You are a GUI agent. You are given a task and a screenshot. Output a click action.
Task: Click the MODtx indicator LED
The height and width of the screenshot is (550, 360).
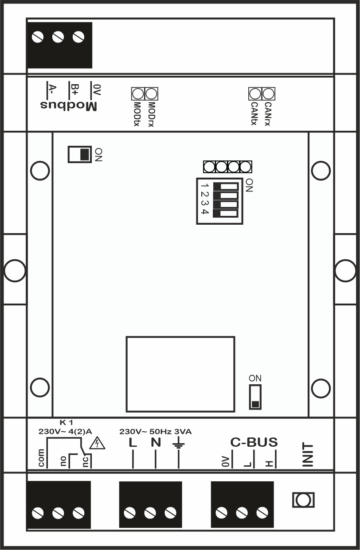[138, 94]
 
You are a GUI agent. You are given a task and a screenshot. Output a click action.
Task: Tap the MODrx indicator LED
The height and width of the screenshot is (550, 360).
[152, 94]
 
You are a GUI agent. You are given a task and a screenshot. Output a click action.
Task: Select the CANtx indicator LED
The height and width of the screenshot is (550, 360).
[255, 94]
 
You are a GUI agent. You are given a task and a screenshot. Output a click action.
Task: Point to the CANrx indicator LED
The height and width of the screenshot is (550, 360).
[268, 94]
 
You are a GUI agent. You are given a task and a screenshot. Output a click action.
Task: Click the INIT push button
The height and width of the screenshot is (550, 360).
[304, 500]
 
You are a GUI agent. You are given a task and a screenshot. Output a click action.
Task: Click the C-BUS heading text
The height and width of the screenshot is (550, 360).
[254, 442]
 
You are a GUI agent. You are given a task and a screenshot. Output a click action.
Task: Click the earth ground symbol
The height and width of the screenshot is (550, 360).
[178, 443]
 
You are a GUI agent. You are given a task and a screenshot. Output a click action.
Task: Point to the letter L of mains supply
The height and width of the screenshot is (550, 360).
[133, 442]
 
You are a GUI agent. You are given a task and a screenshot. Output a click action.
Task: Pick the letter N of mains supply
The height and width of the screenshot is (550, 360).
[155, 442]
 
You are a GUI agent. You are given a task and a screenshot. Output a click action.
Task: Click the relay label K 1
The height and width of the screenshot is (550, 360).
[66, 422]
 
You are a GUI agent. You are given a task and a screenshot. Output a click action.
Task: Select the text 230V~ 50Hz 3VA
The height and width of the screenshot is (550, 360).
[156, 431]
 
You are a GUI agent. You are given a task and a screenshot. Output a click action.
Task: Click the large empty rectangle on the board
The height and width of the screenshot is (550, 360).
[180, 374]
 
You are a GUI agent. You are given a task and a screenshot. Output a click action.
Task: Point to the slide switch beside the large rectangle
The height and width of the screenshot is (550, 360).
[255, 397]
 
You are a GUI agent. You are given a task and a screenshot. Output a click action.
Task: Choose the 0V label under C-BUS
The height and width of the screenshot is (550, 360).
[224, 462]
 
